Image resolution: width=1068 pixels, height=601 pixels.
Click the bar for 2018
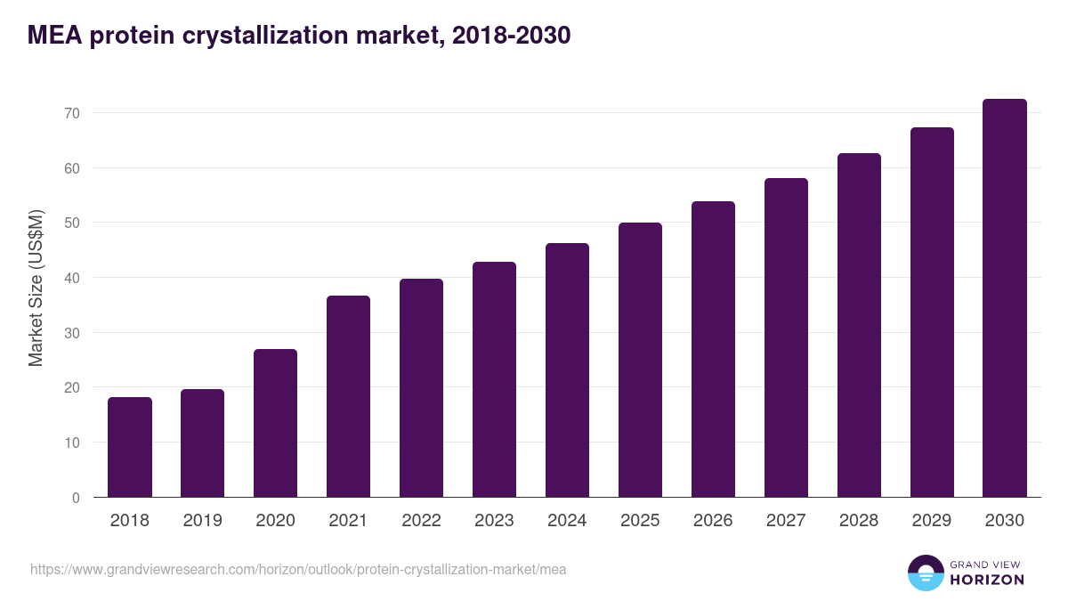coord(130,447)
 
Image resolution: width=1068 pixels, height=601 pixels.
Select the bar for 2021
coord(348,396)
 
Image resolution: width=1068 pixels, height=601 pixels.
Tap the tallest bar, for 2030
coord(1005,298)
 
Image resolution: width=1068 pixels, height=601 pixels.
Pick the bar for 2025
coord(640,360)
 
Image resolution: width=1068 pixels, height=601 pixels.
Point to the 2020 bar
coord(275,423)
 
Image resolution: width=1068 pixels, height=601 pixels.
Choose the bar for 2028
coord(859,325)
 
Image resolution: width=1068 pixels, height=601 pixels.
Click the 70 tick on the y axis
coord(72,113)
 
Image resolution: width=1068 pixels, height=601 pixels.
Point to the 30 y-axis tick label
coord(72,333)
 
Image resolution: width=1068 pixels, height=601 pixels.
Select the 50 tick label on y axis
coord(72,223)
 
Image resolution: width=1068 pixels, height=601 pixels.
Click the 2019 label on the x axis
coord(202,521)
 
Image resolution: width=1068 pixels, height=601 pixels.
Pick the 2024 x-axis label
coord(567,521)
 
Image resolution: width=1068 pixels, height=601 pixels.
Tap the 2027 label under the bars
coord(786,521)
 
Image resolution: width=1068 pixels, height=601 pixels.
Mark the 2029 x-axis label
coord(932,521)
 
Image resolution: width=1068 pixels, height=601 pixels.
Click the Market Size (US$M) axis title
coord(36,288)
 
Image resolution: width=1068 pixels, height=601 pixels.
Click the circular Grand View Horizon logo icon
coord(925,573)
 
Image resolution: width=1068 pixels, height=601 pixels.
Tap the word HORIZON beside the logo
coord(987,580)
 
